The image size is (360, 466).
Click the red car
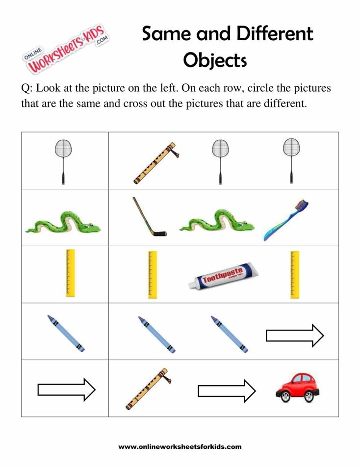coord(297,388)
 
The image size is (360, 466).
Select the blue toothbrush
coord(287,220)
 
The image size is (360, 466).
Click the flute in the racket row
coord(154,163)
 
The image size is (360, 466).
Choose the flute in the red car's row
coord(147,388)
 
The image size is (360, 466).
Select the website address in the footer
coord(180,447)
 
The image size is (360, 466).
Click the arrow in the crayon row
coord(295,336)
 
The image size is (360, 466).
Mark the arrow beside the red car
coord(227,391)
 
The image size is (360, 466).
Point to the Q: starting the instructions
coord(26,89)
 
